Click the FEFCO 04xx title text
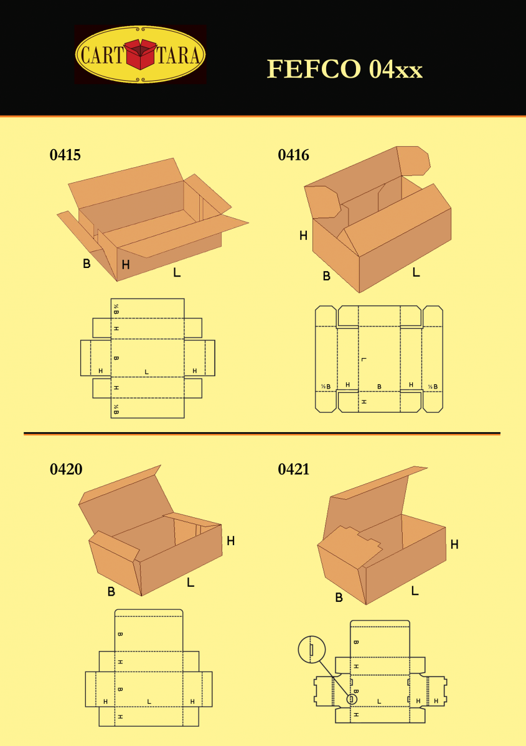(x=344, y=69)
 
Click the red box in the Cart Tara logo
(x=141, y=55)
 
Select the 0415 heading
(x=65, y=155)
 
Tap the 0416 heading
(x=293, y=155)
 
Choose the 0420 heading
(x=65, y=469)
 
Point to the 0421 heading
(x=293, y=469)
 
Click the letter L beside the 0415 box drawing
(x=177, y=272)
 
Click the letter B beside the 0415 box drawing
(x=87, y=264)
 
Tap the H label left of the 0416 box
(x=303, y=236)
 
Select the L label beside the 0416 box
(x=416, y=272)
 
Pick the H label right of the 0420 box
(x=230, y=541)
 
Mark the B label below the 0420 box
(x=111, y=592)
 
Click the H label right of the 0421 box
(x=454, y=545)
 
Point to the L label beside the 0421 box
(x=415, y=591)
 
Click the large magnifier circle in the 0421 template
(x=312, y=650)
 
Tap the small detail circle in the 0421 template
(x=352, y=699)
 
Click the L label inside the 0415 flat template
(x=146, y=372)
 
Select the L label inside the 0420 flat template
(x=149, y=701)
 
